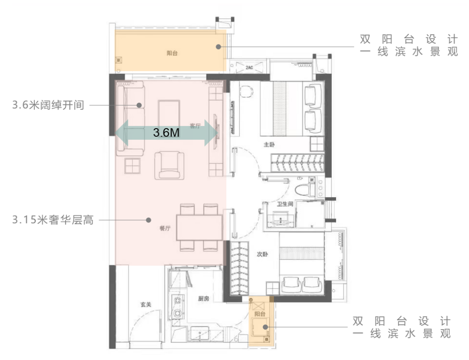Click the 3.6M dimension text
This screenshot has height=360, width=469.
pyautogui.click(x=166, y=132)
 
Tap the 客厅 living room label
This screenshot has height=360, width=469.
pyautogui.click(x=195, y=126)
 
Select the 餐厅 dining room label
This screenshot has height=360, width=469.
pyautogui.click(x=165, y=228)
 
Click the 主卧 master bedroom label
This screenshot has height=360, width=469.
pyautogui.click(x=269, y=145)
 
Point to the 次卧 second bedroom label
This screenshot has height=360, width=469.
pyautogui.click(x=262, y=254)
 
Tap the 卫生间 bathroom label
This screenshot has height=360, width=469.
pyautogui.click(x=285, y=204)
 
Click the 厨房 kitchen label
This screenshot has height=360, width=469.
pyautogui.click(x=203, y=298)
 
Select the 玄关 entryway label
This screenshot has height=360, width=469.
pyautogui.click(x=146, y=305)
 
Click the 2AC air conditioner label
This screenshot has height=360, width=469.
pyautogui.click(x=249, y=68)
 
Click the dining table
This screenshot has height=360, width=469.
pyautogui.click(x=199, y=228)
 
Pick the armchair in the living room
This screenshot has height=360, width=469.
pyautogui.click(x=169, y=165)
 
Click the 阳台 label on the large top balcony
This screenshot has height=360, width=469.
pyautogui.click(x=172, y=53)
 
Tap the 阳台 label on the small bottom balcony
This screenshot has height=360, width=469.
pyautogui.click(x=260, y=314)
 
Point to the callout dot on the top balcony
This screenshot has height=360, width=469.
pyautogui.click(x=218, y=46)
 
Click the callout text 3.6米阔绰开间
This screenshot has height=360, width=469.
pyautogui.click(x=48, y=105)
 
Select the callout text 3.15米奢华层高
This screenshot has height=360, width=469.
pyautogui.click(x=53, y=220)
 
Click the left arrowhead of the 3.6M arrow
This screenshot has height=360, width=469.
pyautogui.click(x=122, y=133)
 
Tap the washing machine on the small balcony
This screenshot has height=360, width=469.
pyautogui.click(x=260, y=327)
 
